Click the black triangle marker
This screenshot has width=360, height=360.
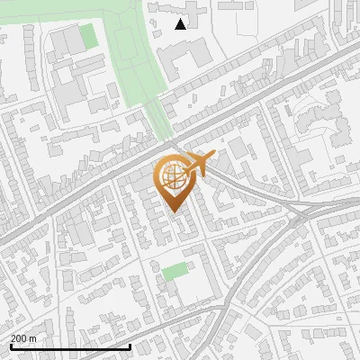pyautogui.click(x=181, y=24)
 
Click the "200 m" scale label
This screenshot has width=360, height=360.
pyautogui.click(x=23, y=338)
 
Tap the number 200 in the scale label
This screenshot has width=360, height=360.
pyautogui.click(x=19, y=338)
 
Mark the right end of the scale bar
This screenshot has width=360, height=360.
pyautogui.click(x=131, y=346)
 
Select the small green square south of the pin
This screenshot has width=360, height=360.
pyautogui.click(x=175, y=271)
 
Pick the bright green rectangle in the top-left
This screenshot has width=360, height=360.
pyautogui.click(x=87, y=38)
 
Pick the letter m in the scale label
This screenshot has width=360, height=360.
pyautogui.click(x=32, y=338)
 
